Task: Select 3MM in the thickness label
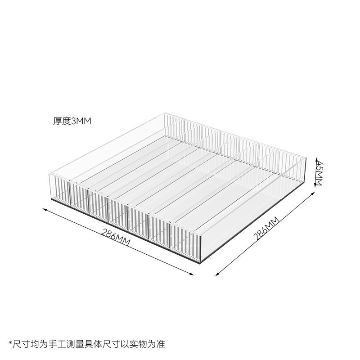click(81, 121)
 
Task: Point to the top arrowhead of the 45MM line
click(317, 158)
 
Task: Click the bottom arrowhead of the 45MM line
click(317, 184)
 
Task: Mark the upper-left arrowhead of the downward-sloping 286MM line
click(44, 208)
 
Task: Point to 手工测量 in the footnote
click(67, 345)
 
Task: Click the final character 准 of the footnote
click(161, 345)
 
